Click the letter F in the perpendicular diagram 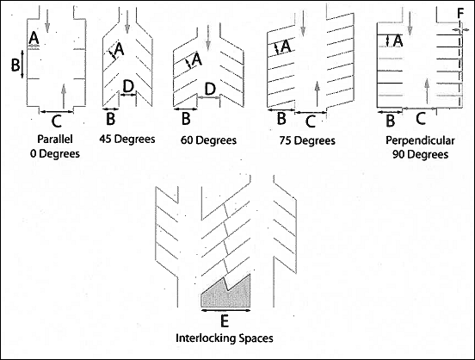(x=463, y=12)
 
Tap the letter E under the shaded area (x=225, y=321)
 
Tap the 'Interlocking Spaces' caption (x=225, y=338)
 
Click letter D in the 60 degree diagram (x=208, y=90)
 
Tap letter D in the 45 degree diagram (x=127, y=86)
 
